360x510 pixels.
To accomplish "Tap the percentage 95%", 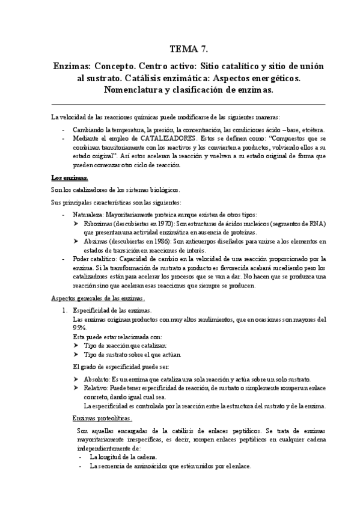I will click(79, 328).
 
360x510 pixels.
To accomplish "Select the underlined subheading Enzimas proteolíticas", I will click(102, 418).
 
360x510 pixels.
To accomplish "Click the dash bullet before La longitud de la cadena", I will click(81, 458).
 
